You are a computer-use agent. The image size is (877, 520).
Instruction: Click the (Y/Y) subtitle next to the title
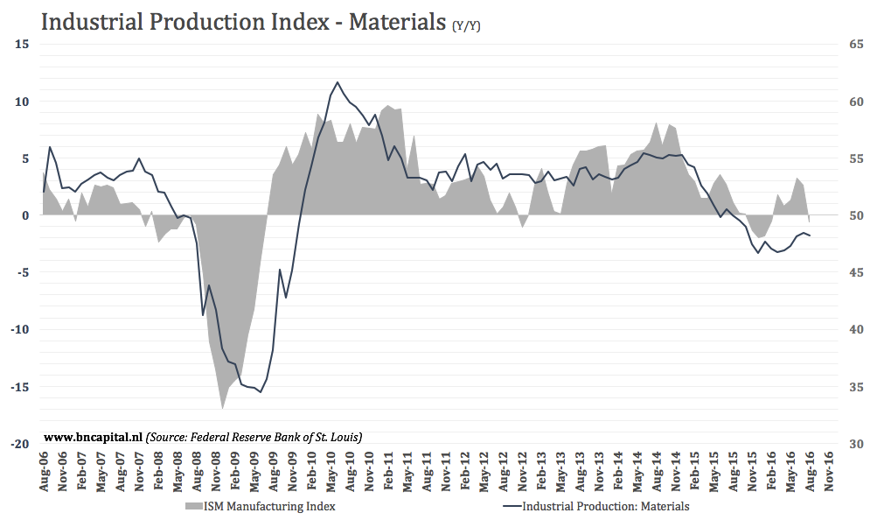click(x=466, y=25)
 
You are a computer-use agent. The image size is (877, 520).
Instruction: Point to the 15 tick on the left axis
click(x=23, y=44)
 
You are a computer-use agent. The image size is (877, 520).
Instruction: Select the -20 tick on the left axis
click(x=20, y=444)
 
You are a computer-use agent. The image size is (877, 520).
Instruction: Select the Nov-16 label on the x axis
click(x=828, y=472)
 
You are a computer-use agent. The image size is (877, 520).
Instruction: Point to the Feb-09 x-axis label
click(x=235, y=472)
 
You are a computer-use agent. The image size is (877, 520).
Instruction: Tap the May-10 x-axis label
click(x=331, y=472)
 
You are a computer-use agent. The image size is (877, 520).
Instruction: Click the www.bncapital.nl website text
click(x=93, y=436)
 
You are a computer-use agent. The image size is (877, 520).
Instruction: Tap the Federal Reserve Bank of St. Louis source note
click(x=254, y=436)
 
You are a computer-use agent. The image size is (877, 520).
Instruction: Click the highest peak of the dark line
click(x=338, y=82)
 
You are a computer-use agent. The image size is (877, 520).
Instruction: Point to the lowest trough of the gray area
click(x=222, y=408)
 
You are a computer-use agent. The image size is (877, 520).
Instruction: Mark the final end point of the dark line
click(x=810, y=235)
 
